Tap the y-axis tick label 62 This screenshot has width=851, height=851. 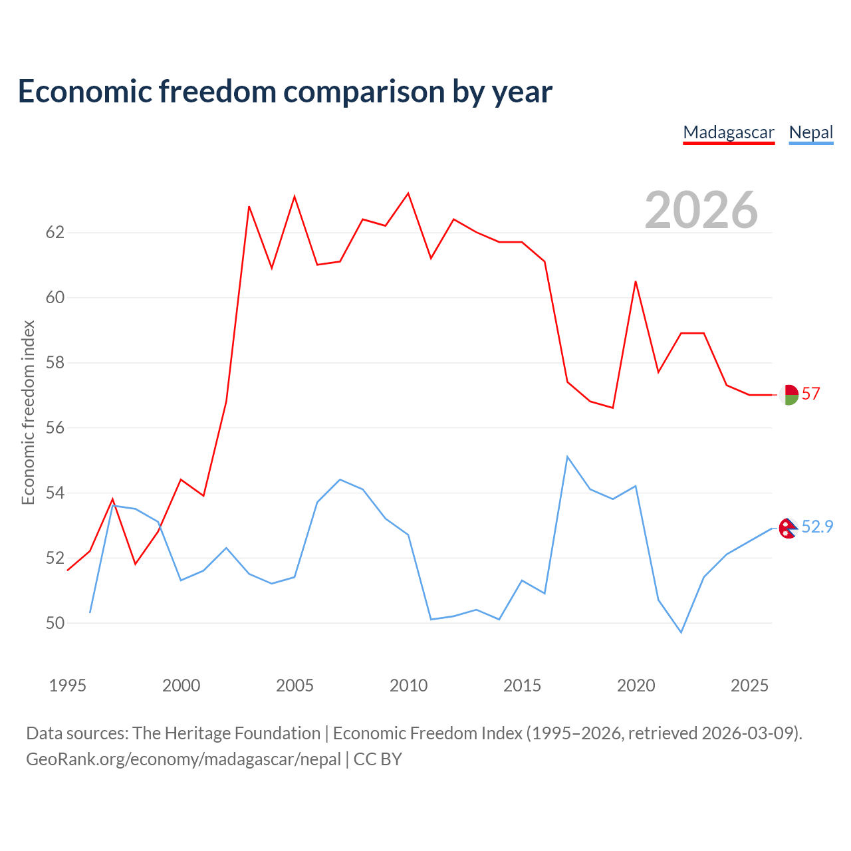[x=55, y=232]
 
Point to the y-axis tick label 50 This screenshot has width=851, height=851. [x=55, y=623]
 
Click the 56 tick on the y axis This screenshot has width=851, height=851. [x=55, y=427]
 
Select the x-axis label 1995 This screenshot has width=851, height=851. [x=68, y=685]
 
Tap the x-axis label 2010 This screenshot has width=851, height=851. [x=408, y=685]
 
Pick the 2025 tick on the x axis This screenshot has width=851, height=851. [x=749, y=685]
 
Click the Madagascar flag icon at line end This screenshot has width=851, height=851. [x=789, y=395]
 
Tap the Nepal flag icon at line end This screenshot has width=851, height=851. [x=789, y=528]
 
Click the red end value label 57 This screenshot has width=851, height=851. [x=811, y=394]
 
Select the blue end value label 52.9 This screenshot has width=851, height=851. [x=817, y=527]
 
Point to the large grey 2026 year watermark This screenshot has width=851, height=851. [x=701, y=210]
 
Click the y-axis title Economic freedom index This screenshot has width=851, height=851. [x=29, y=412]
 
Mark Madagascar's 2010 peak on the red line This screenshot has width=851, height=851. [x=408, y=193]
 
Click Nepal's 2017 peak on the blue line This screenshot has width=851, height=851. [x=567, y=457]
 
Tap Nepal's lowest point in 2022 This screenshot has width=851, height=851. [x=681, y=632]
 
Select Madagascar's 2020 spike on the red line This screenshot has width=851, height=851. [x=636, y=281]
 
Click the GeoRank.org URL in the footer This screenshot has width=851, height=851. [x=183, y=759]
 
